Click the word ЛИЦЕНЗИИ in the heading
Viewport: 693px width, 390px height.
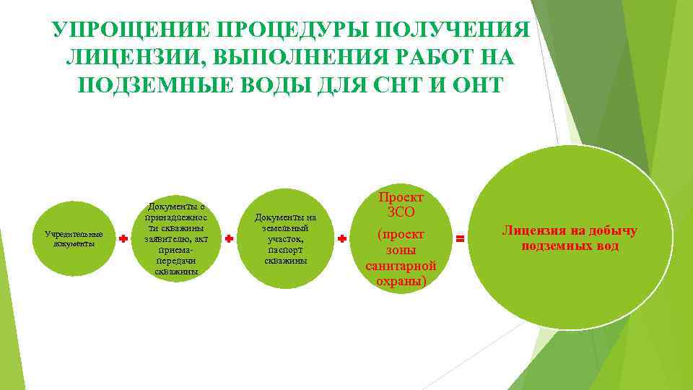pos(128,58)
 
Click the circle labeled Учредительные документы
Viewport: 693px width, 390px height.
pos(74,238)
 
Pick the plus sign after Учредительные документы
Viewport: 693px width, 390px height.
pos(123,238)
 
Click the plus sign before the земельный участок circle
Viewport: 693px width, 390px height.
pos(229,238)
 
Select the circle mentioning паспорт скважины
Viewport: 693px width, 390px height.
pos(286,238)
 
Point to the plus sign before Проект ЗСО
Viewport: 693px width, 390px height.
pos(341,238)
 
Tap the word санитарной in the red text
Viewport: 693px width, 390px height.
pos(401,266)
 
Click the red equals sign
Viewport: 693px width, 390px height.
pos(458,236)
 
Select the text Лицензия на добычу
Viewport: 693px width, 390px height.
pos(570,232)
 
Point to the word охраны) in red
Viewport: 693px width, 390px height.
pos(402,281)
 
